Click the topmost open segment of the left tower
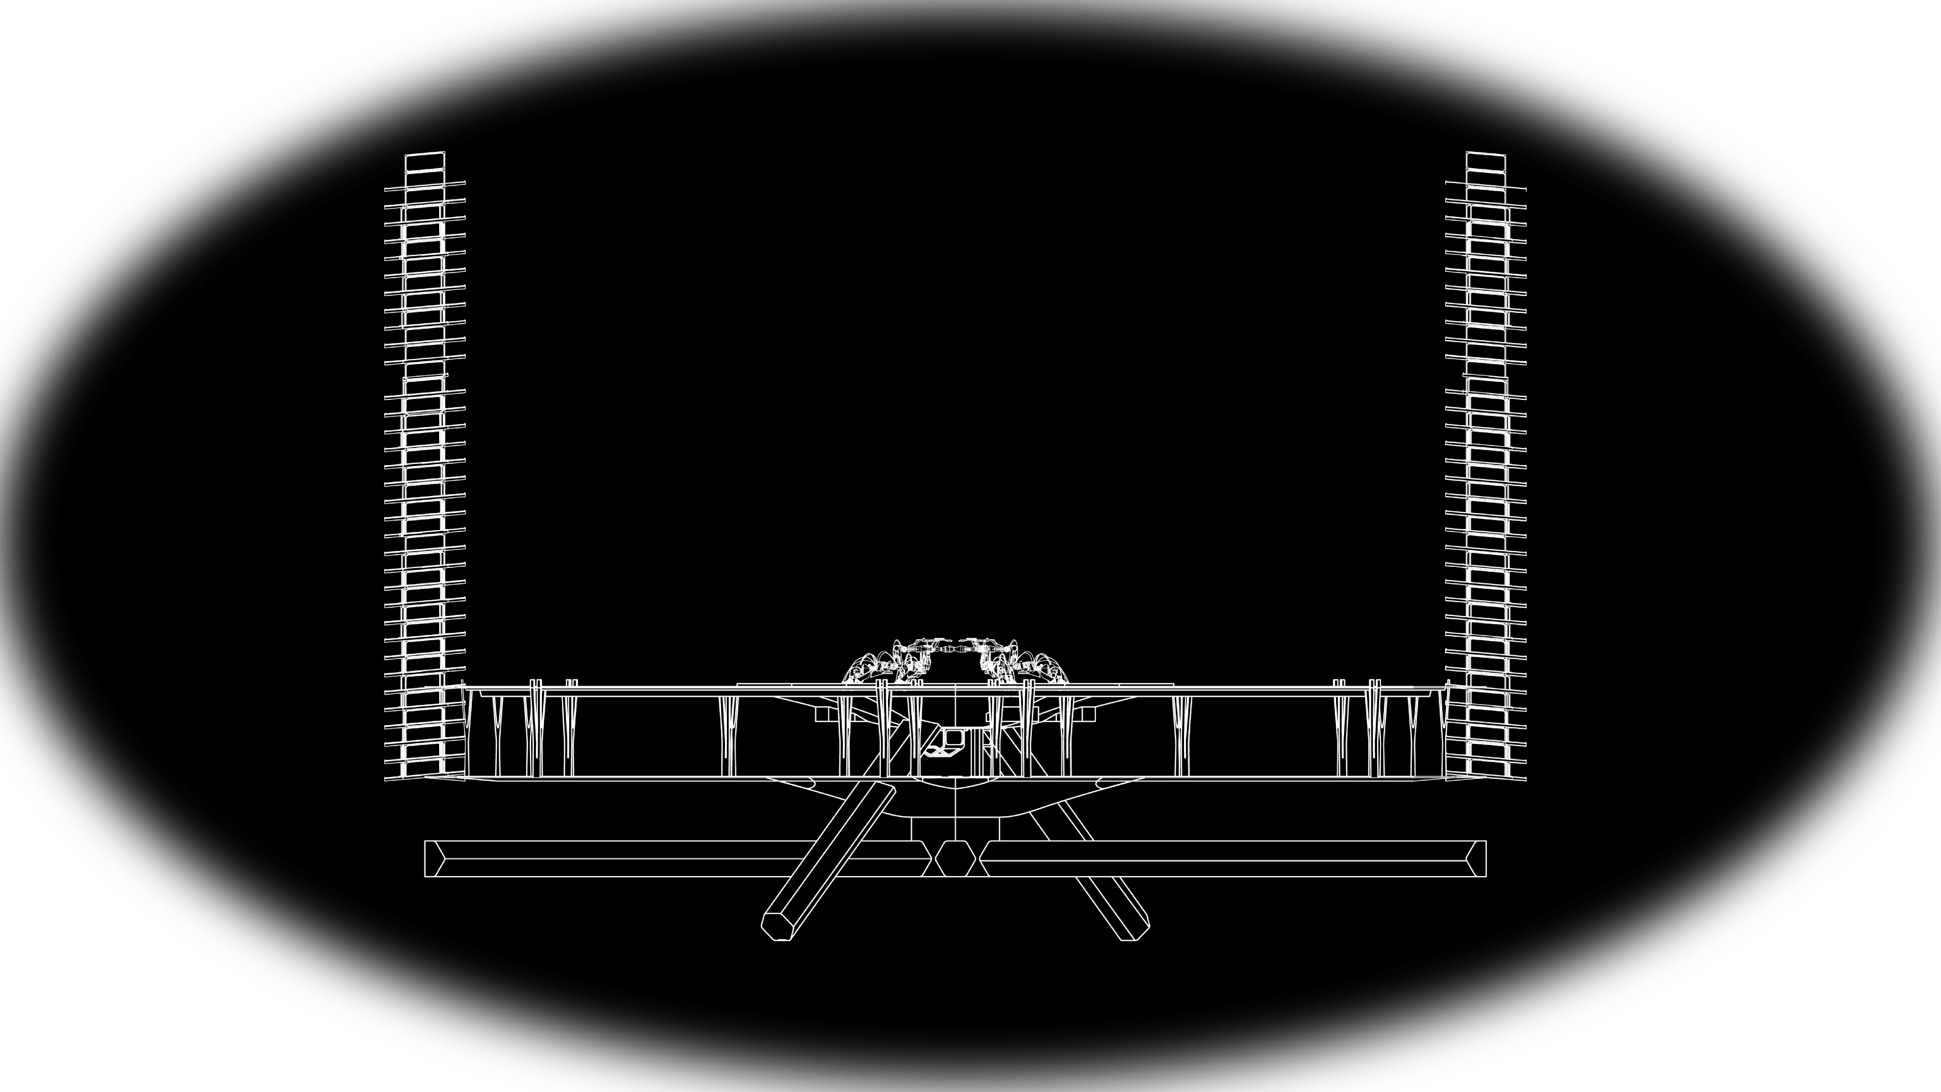point(425,163)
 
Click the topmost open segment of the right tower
point(1486,162)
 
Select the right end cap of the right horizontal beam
point(1477,859)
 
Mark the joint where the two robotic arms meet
point(955,648)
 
